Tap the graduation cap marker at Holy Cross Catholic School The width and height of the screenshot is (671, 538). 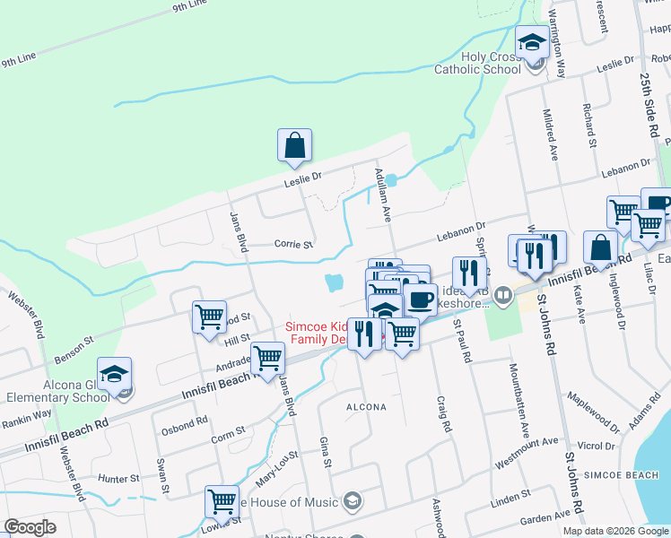[x=532, y=41]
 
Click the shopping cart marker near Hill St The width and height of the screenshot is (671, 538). [x=209, y=317]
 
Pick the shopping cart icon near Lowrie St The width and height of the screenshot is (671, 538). [x=222, y=501]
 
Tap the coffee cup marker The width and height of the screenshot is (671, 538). [x=420, y=299]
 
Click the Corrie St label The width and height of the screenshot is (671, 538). [x=293, y=244]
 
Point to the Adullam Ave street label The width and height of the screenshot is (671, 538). [x=383, y=198]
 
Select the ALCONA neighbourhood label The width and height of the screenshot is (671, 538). [x=367, y=407]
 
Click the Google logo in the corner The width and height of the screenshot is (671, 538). [x=30, y=527]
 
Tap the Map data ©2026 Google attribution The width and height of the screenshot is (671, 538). [x=615, y=531]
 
